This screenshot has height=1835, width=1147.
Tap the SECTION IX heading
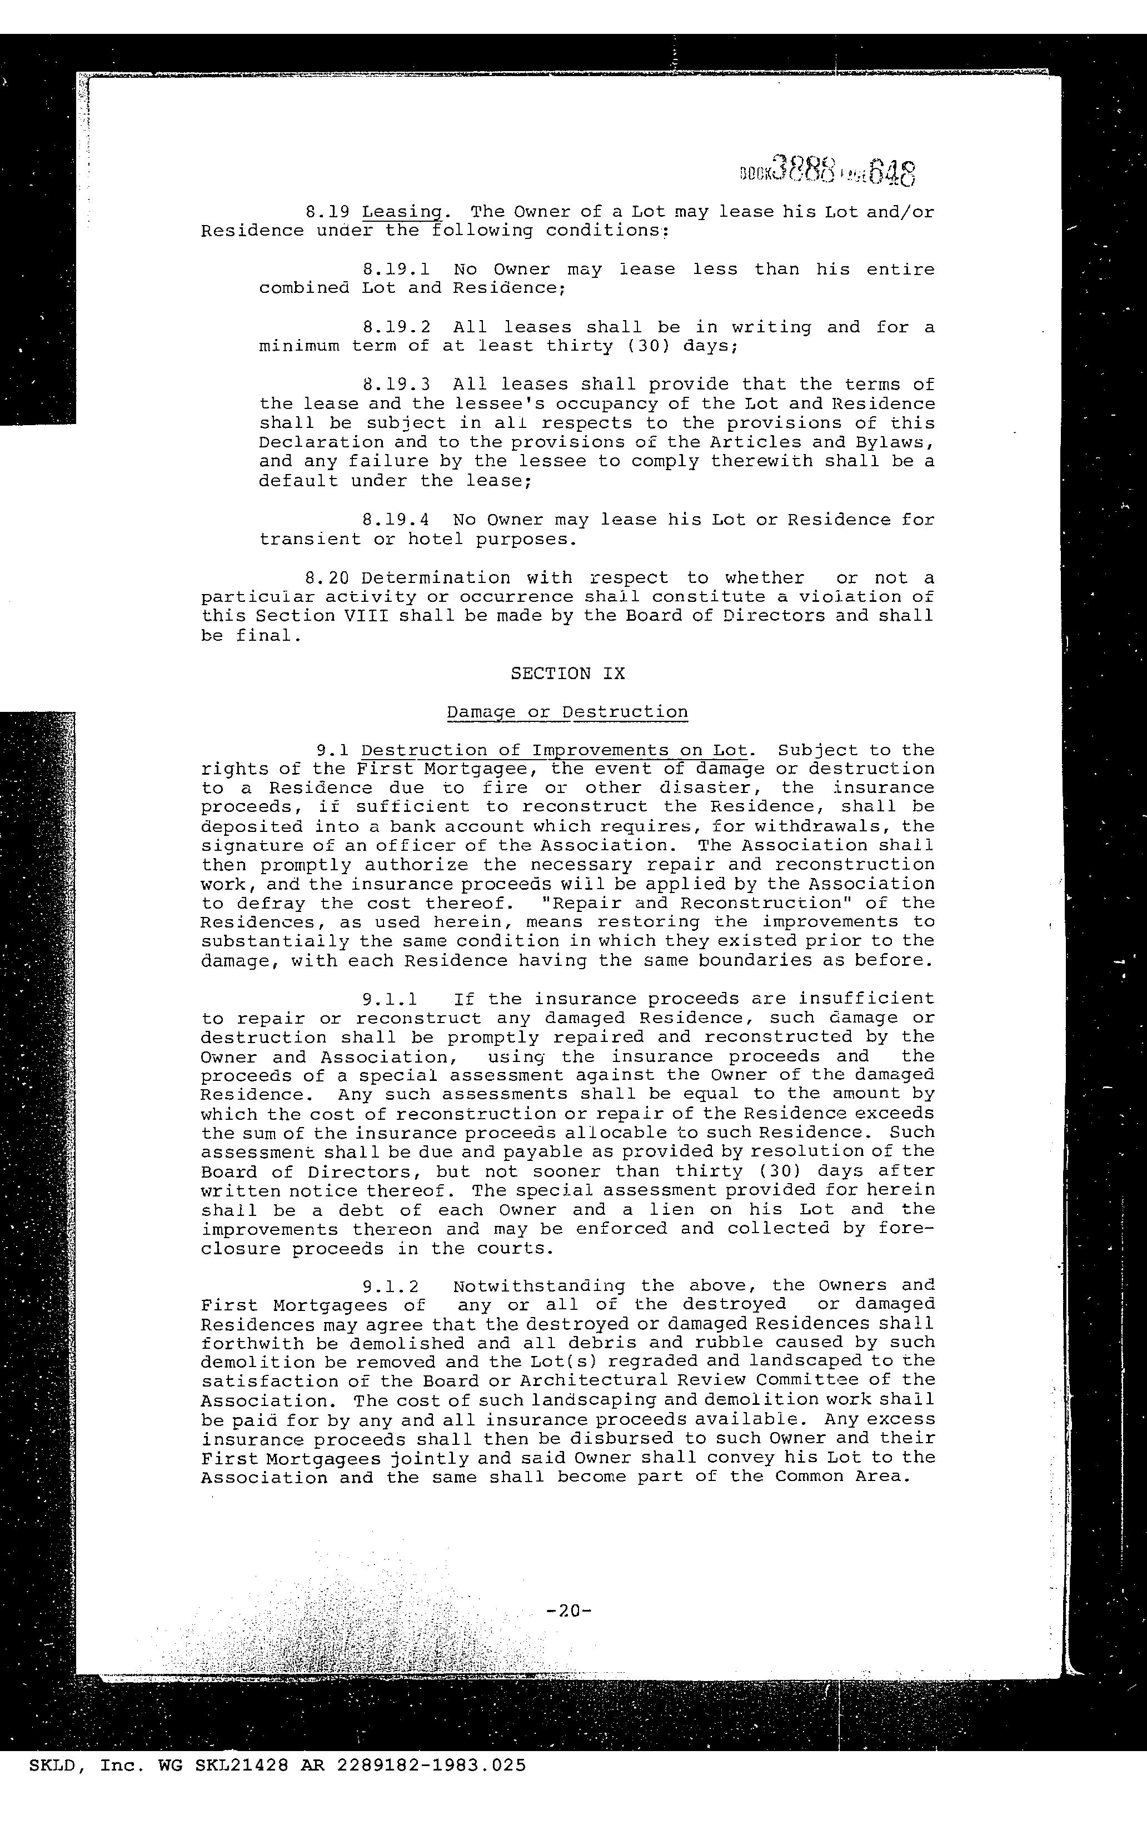(567, 674)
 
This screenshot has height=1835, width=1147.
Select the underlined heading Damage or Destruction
(567, 712)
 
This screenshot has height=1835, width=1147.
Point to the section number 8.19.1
(397, 270)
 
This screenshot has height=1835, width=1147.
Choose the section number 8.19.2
(397, 328)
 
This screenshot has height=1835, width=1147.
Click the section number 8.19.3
(397, 385)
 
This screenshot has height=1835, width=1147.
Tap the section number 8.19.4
(397, 520)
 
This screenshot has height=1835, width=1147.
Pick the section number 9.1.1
(389, 999)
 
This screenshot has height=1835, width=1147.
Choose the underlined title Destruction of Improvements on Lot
(555, 751)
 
